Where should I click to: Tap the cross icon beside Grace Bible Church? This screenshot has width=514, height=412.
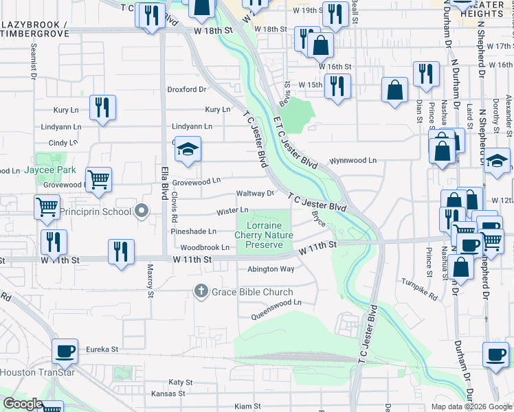click(x=201, y=291)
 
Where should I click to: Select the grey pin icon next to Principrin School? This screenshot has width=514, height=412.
click(x=142, y=211)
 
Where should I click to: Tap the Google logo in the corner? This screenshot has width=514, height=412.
click(x=23, y=404)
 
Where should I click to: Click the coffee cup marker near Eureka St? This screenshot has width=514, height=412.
click(x=65, y=352)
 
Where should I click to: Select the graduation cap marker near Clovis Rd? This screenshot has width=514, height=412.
click(x=187, y=149)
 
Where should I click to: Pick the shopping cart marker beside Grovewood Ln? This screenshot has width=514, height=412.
click(x=100, y=180)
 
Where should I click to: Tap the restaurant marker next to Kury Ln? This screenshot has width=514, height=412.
click(x=102, y=107)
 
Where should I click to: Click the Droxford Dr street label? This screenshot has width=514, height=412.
click(x=187, y=89)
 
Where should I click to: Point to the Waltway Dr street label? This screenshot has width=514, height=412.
click(x=255, y=194)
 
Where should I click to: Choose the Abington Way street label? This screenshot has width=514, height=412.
click(x=271, y=269)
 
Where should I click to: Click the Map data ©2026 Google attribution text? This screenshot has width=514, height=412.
click(x=471, y=407)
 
